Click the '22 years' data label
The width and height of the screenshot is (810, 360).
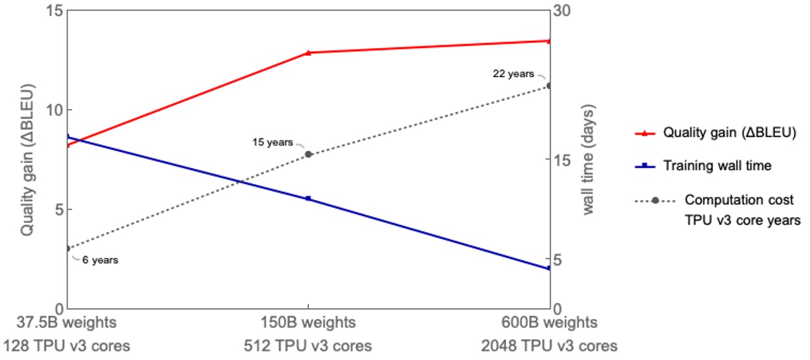(513, 74)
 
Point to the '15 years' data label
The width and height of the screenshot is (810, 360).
(272, 142)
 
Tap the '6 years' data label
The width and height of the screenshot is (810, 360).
(100, 260)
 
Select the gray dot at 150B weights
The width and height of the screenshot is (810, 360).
(309, 154)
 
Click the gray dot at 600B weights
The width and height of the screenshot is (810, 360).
(549, 86)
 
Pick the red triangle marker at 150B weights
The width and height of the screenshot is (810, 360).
(308, 53)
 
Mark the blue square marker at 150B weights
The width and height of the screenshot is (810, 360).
(308, 198)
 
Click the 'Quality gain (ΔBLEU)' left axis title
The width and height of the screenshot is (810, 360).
(27, 159)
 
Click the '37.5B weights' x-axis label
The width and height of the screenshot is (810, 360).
(67, 322)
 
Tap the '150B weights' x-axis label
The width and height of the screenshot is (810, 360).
(307, 322)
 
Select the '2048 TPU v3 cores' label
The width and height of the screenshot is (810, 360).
(549, 345)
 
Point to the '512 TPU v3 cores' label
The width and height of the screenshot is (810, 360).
(307, 345)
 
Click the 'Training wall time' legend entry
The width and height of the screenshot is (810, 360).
(717, 166)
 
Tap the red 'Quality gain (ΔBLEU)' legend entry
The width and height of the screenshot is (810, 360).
(729, 133)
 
